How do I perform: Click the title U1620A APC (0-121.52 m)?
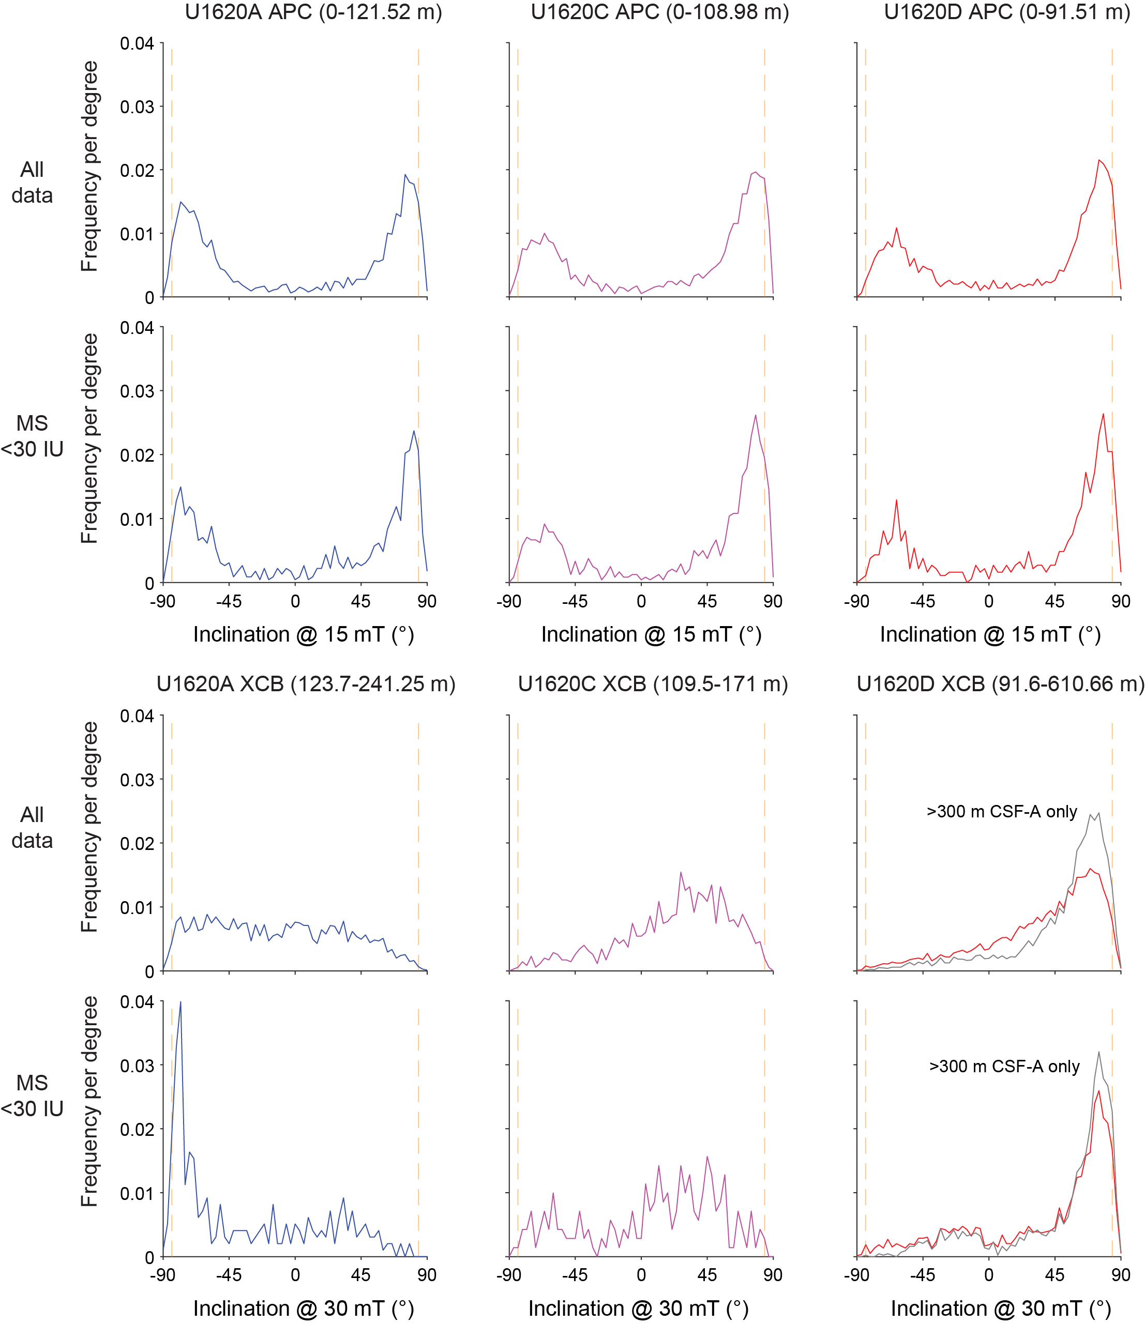tap(313, 12)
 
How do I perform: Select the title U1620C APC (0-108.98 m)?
tap(659, 12)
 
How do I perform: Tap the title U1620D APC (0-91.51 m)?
tap(1007, 12)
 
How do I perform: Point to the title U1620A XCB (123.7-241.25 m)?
tap(306, 684)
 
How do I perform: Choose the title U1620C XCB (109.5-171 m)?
tap(652, 684)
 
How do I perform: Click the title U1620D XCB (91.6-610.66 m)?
tap(1000, 684)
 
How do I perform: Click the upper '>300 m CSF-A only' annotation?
tap(1002, 811)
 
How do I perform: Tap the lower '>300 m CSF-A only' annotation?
tap(1004, 1066)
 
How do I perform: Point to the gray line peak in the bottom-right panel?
tap(1098, 1052)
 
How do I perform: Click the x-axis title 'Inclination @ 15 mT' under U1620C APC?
tap(651, 634)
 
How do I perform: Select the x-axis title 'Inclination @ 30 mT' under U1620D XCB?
tap(1001, 1309)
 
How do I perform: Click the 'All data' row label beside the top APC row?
tap(32, 182)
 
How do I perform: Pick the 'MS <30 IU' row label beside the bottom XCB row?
tap(32, 1096)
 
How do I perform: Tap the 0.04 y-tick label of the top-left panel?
tap(137, 43)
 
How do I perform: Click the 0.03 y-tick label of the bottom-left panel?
tap(137, 1066)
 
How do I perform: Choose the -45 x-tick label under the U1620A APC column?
tap(229, 601)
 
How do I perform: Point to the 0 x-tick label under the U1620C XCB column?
tap(641, 1275)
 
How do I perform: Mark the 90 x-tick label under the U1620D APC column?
tap(1121, 601)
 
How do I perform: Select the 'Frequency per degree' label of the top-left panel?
tap(89, 166)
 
